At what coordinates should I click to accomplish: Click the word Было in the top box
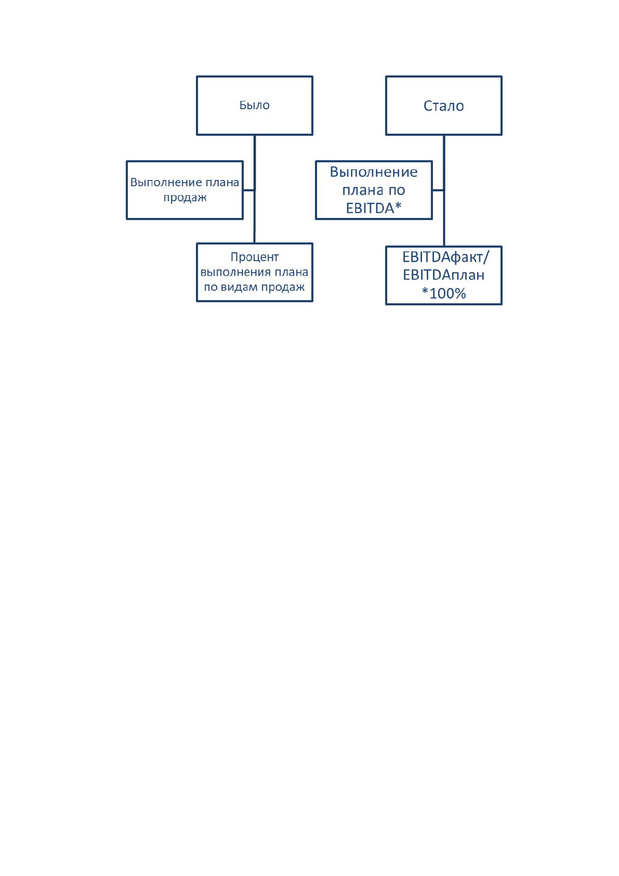(254, 105)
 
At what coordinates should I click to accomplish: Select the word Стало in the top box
(443, 106)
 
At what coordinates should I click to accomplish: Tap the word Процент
(254, 257)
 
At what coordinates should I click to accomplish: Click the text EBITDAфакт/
(445, 257)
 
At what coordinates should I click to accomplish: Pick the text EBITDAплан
(443, 275)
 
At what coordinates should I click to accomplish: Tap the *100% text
(444, 293)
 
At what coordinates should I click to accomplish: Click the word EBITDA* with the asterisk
(374, 209)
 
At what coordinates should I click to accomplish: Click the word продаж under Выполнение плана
(185, 198)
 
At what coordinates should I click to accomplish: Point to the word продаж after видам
(283, 288)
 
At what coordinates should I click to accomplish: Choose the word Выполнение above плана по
(374, 172)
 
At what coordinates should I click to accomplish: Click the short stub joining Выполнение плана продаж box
(249, 190)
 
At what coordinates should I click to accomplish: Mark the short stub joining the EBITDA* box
(438, 190)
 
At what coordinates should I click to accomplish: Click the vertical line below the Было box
(254, 189)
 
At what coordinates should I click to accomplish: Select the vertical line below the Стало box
(444, 191)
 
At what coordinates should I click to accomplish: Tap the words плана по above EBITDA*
(374, 190)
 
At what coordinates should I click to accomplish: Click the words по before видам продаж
(210, 288)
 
